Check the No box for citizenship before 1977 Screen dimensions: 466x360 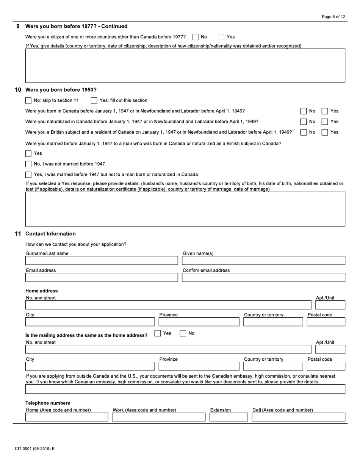pos(196,37)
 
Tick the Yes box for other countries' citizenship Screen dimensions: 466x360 pos(221,37)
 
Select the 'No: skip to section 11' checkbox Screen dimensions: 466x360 pos(28,100)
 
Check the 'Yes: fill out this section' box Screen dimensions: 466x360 pos(94,100)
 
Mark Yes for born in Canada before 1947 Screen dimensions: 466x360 pos(325,111)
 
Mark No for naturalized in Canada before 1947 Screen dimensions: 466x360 pos(304,122)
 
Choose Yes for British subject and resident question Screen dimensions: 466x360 pos(325,132)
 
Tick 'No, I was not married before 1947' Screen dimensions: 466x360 pos(28,164)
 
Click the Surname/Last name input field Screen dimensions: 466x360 pos(101,261)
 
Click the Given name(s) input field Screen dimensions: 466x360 pos(263,261)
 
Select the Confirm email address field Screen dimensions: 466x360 pos(263,277)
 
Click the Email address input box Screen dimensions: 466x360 pos(101,277)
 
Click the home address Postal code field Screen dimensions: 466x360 pos(326,322)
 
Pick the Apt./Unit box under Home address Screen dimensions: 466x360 pos(330,305)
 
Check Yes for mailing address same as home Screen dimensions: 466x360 pos(158,333)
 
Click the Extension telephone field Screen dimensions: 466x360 pos(229,417)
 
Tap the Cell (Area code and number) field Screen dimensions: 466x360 pos(298,417)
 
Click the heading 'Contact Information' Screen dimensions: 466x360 pos(50,234)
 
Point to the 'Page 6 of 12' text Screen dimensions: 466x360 pos(333,17)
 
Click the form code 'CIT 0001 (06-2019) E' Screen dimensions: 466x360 pos(35,449)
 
